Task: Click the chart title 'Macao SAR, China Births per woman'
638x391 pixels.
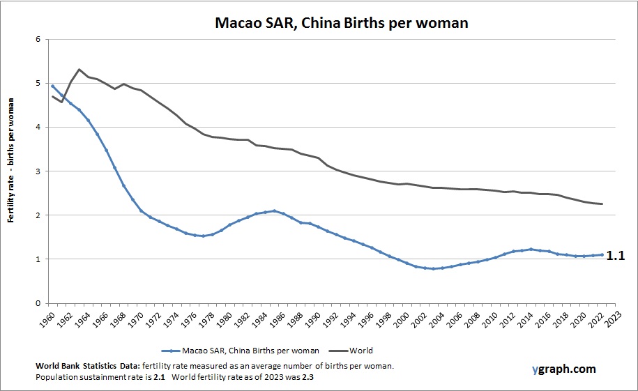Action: pos(340,22)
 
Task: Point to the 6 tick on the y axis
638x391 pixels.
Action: pos(38,39)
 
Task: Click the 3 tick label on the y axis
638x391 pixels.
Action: pos(38,171)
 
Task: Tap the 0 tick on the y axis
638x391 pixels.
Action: pos(38,303)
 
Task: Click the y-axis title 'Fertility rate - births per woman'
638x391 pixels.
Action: pos(12,171)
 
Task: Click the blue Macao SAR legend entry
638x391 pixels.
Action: pos(241,351)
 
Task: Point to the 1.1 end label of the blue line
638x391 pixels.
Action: pos(614,256)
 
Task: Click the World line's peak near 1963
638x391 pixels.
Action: pos(79,69)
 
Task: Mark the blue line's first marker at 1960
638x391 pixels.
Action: pos(53,86)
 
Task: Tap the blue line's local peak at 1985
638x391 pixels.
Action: pos(275,210)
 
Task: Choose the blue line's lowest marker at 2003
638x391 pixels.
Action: pos(433,268)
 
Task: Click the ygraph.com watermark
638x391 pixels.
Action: pos(557,369)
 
